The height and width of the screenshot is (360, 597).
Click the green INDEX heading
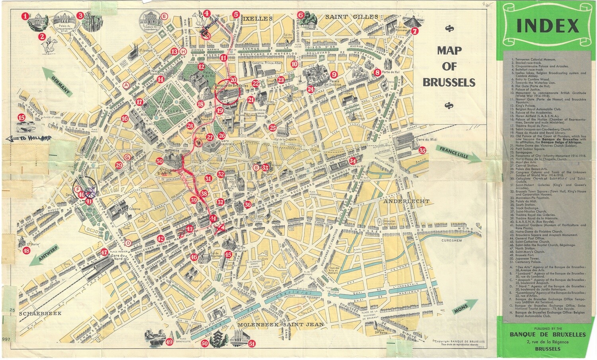pos(547,26)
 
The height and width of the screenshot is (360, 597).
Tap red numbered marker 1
pos(25,16)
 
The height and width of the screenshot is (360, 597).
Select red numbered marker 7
pos(415,31)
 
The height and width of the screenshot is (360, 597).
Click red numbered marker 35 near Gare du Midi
pos(422,150)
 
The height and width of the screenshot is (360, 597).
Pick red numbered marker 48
pos(26,251)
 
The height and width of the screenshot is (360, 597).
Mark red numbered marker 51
pos(251,344)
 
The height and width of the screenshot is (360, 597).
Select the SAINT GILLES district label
pos(351,17)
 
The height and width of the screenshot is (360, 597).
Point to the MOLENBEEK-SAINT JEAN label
pos(281,325)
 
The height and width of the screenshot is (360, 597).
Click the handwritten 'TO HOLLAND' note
pos(29,138)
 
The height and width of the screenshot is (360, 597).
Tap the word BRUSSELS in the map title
pos(449,82)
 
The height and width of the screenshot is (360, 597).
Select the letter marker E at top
pos(164,16)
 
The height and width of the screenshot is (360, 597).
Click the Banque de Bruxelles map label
pos(231,85)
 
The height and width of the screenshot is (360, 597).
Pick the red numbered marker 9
pos(334,74)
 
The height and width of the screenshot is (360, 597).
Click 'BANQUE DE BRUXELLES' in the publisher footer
pos(548,335)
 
